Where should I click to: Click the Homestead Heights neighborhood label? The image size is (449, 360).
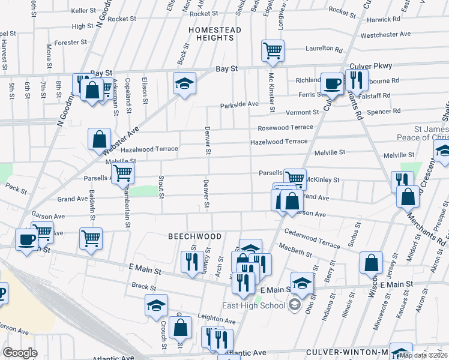[214, 34]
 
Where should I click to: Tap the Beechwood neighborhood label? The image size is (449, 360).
[194, 237]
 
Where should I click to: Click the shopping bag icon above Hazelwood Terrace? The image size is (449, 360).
[99, 139]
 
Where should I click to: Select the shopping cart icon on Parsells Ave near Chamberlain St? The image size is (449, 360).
[122, 173]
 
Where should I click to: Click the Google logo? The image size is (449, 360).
[20, 352]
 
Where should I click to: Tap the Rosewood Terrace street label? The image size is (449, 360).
[285, 127]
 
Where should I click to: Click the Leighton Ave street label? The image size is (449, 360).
[215, 317]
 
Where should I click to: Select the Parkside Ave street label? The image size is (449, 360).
[239, 104]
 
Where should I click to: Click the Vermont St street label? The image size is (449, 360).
[302, 112]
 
